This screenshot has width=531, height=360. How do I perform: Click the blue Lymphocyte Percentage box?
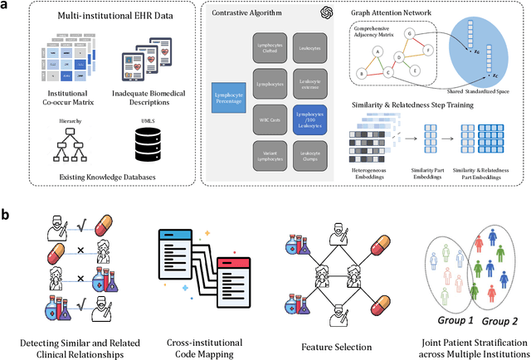233,96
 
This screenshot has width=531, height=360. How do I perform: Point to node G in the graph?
408,34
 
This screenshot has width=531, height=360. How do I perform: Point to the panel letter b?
7,213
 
